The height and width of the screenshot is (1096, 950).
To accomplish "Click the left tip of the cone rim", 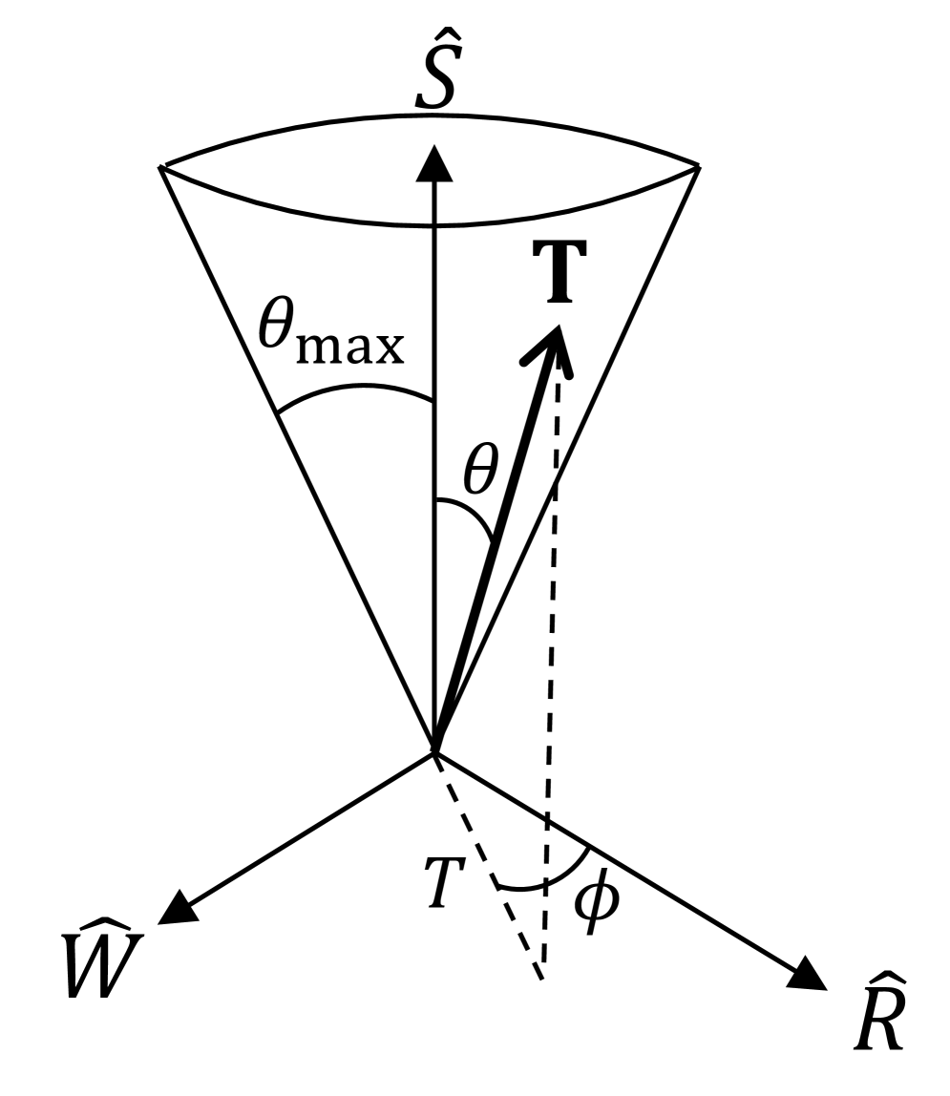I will [x=161, y=167].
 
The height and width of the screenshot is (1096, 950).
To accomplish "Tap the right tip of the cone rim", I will [x=701, y=167].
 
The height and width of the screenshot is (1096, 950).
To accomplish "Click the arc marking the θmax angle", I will [x=353, y=389].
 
